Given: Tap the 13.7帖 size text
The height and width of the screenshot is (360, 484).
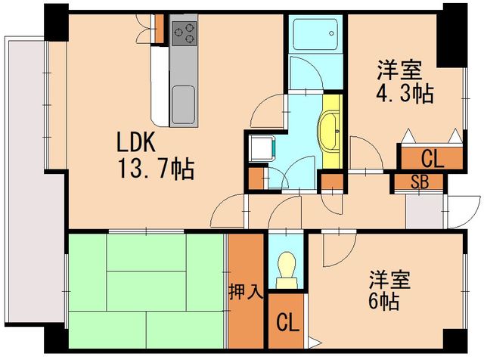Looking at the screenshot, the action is pos(157,169).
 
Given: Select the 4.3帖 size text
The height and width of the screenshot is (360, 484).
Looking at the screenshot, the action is pos(405,93).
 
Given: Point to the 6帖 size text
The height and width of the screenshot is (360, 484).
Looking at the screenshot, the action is pos(383,301).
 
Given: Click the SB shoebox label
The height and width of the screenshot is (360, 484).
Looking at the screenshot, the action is pos(420,182).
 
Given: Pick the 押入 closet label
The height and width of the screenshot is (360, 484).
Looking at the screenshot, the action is pos(245,291).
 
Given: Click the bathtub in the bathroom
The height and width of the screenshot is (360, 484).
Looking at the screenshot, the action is pos(315,35).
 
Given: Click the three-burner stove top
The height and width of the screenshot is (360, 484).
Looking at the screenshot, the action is pos(185,33).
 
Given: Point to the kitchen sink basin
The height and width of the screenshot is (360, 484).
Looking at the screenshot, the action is pos(183,104).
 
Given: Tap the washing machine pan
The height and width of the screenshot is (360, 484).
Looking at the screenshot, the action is pos(262,148).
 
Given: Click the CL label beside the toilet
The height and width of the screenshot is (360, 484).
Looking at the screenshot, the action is pos(287,322).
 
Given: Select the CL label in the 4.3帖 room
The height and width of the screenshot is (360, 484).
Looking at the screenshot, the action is pos(433,159).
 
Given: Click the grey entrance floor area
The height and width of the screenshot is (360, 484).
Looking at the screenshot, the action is pos(424,212).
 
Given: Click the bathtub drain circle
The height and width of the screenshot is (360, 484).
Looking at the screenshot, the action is pos(331,33).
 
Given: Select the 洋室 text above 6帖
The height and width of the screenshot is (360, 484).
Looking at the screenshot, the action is pos(389,281).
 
